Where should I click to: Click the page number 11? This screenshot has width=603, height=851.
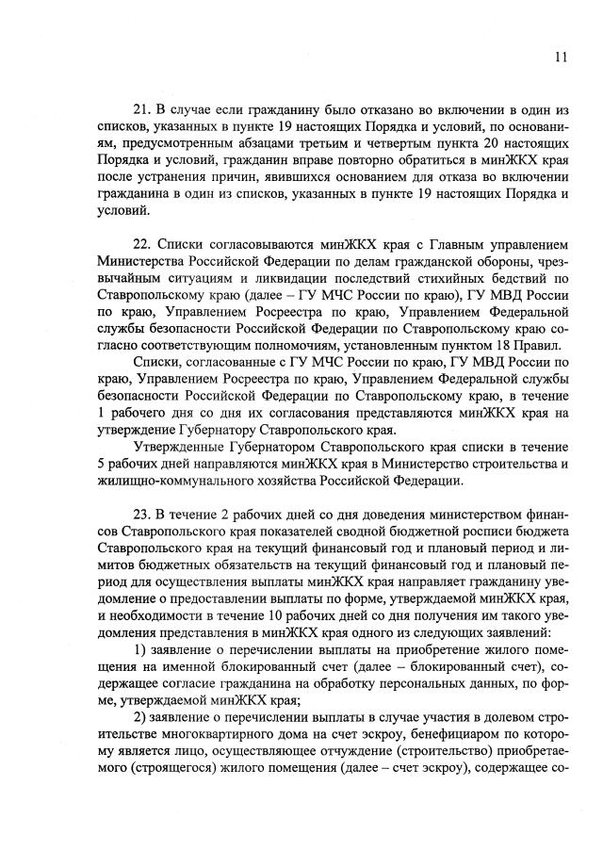click(562, 57)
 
